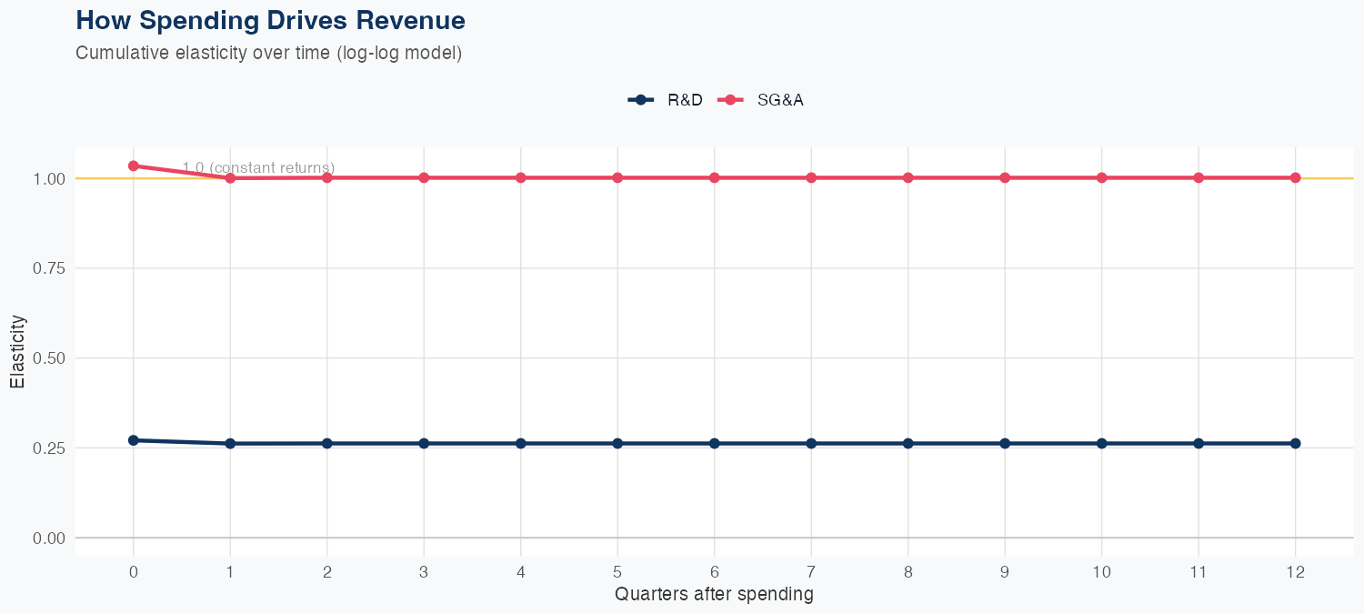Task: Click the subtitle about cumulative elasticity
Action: click(268, 53)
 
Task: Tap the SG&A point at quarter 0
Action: click(134, 166)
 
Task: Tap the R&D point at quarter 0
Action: click(134, 440)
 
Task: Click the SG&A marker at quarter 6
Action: click(715, 177)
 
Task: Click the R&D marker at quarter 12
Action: click(1295, 443)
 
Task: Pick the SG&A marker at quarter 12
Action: click(1295, 177)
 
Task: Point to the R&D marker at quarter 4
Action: click(521, 443)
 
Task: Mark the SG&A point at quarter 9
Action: click(1005, 177)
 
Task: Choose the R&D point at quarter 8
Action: click(908, 443)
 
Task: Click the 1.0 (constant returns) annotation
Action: click(258, 167)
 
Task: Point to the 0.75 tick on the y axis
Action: click(49, 268)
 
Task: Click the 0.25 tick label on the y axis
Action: click(49, 448)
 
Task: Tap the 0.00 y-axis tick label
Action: click(49, 539)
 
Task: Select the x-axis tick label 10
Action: click(1101, 572)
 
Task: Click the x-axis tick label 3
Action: click(424, 572)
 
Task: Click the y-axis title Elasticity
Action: click(17, 351)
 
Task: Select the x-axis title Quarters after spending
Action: click(714, 595)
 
